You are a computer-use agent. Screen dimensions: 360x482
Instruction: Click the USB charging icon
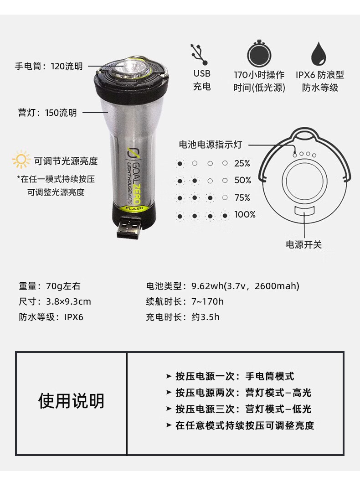[199, 54]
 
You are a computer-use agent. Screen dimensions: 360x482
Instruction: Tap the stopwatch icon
[259, 53]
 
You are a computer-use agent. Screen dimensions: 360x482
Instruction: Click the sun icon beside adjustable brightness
[21, 160]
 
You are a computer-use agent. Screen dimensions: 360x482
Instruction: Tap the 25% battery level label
[242, 164]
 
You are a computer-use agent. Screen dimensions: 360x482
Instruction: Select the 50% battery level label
[243, 180]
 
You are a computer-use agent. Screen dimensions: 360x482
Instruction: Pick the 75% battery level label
[242, 197]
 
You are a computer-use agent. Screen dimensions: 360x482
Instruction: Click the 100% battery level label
[245, 215]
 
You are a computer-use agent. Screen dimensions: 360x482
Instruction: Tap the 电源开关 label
[304, 245]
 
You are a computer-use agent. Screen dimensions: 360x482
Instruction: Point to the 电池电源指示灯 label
[211, 145]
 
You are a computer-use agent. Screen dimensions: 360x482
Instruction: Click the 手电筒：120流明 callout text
[49, 66]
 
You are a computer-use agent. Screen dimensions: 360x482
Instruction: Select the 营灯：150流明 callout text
[47, 113]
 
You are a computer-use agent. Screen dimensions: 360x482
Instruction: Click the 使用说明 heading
[71, 401]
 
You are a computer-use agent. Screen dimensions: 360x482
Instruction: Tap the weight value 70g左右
[63, 286]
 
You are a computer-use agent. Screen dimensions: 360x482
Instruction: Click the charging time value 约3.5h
[206, 317]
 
